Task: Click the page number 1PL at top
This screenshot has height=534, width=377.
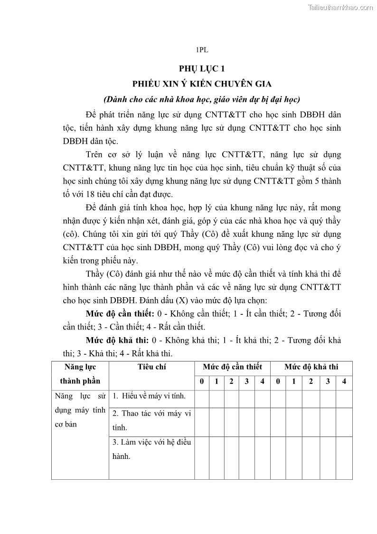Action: coord(202,49)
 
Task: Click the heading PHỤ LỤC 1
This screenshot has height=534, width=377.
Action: coord(202,68)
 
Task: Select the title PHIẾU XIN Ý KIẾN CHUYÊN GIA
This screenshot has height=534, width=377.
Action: coord(202,84)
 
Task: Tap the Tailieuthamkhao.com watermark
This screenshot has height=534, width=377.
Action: coord(340,7)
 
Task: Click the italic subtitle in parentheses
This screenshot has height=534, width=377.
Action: coord(202,99)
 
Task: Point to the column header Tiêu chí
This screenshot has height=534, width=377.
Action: coord(152,367)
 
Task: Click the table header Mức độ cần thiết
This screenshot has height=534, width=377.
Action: coord(232,367)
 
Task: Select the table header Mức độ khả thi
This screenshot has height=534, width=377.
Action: coord(311,367)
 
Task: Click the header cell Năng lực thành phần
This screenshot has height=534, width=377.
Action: coord(80,374)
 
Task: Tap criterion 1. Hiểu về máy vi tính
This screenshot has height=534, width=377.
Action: coord(149,396)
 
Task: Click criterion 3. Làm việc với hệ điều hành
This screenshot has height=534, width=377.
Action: coord(151,449)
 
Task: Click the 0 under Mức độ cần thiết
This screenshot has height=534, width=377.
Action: coord(202,381)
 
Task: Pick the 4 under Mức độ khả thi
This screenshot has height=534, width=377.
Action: coord(344,381)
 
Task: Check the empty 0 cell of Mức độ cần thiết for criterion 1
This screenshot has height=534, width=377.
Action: coord(202,398)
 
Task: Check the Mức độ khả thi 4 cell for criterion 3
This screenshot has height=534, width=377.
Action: coord(344,457)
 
